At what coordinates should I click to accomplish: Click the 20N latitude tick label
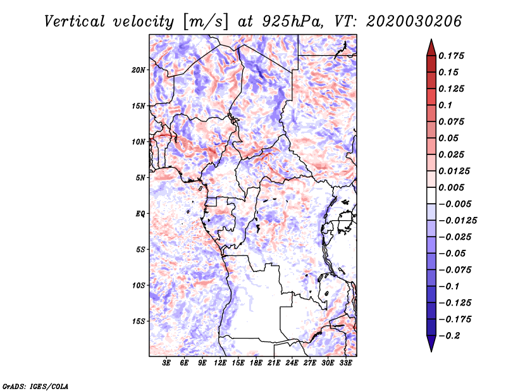[x=138, y=70]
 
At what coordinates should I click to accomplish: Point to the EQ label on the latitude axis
[x=140, y=214]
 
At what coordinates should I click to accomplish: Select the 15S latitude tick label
[x=138, y=321]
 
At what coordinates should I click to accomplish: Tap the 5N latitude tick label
[x=140, y=178]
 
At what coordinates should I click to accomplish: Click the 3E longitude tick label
[x=166, y=363]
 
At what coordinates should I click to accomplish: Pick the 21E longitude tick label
[x=274, y=363]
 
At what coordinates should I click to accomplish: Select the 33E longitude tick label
[x=345, y=363]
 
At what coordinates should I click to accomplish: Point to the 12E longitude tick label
[x=219, y=363]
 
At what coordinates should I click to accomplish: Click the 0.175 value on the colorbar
[x=451, y=56]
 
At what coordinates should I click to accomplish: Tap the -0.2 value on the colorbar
[x=449, y=336]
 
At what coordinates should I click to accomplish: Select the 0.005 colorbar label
[x=451, y=187]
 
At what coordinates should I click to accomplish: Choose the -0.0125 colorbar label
[x=457, y=221]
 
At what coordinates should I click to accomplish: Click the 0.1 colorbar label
[x=445, y=105]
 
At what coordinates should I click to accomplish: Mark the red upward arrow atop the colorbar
[x=431, y=47]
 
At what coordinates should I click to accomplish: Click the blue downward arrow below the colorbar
[x=431, y=344]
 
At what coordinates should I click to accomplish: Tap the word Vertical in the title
[x=74, y=22]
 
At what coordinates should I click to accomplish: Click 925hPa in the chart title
[x=293, y=22]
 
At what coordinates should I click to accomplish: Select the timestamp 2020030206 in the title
[x=414, y=22]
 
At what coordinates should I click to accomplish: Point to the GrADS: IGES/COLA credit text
[x=35, y=386]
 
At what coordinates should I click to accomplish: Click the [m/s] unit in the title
[x=206, y=22]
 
